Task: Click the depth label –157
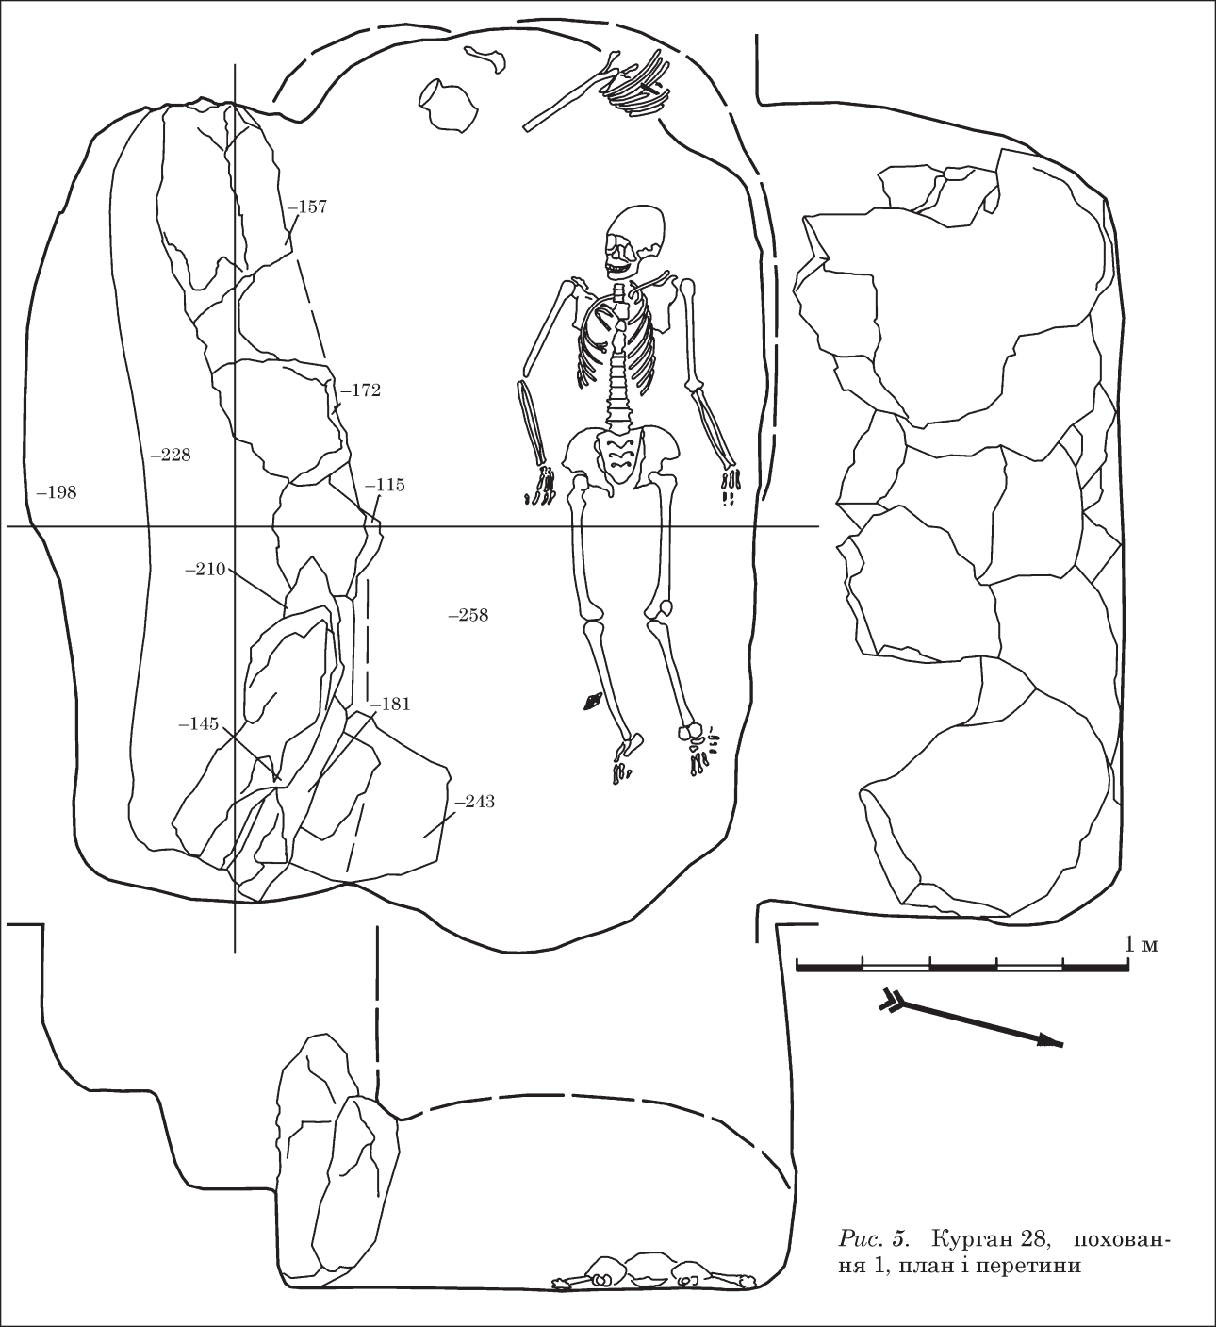click(307, 207)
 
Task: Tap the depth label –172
click(361, 390)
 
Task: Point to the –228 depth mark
click(171, 455)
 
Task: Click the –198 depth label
click(57, 492)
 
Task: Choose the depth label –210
click(205, 569)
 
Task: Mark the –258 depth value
click(468, 615)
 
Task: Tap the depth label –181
click(391, 705)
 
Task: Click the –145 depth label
click(198, 723)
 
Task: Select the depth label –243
click(474, 802)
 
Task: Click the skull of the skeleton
click(634, 241)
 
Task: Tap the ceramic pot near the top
click(449, 105)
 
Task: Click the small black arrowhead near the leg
click(592, 702)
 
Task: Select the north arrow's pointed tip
click(1061, 1046)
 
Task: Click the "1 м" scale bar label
click(1142, 945)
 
